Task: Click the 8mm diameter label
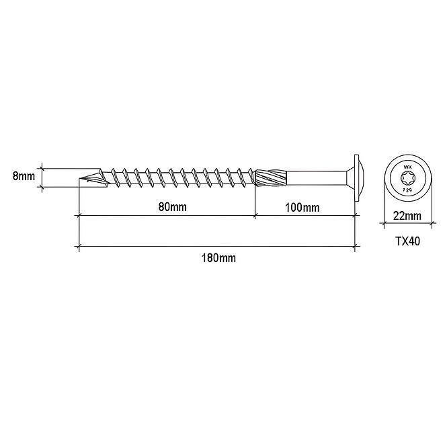point(24,176)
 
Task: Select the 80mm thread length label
point(173,206)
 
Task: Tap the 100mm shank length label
point(302,208)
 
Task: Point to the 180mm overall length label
point(218,258)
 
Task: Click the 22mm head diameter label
point(407,216)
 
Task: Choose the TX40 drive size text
point(407,241)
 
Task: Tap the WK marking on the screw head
point(407,168)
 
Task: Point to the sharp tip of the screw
point(79,179)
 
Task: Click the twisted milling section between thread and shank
point(270,178)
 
